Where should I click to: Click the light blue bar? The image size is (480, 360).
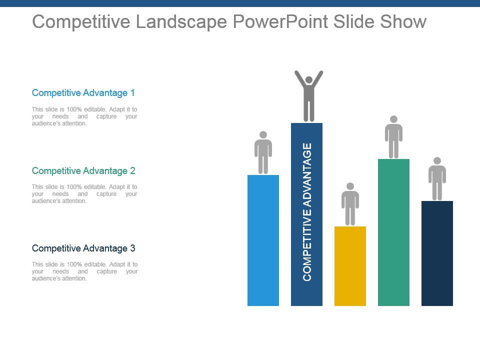[263, 240]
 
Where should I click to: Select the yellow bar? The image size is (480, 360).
[350, 265]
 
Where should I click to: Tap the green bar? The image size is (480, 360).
[393, 232]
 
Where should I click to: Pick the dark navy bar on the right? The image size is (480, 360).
[437, 253]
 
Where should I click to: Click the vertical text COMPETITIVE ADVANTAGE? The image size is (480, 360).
[307, 212]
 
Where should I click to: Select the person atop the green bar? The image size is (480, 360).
[393, 137]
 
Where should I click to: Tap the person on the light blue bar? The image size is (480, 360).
[263, 152]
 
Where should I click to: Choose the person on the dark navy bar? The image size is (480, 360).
[437, 178]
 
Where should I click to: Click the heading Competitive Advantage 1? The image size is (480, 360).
[83, 93]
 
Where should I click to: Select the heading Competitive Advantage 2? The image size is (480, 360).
[83, 171]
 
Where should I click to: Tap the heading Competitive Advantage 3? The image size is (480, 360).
[83, 248]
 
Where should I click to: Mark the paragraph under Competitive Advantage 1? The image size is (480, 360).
[84, 116]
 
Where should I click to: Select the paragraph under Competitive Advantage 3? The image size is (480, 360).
[84, 271]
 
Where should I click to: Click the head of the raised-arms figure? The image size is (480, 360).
[309, 80]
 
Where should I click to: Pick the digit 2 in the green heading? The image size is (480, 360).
[132, 171]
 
